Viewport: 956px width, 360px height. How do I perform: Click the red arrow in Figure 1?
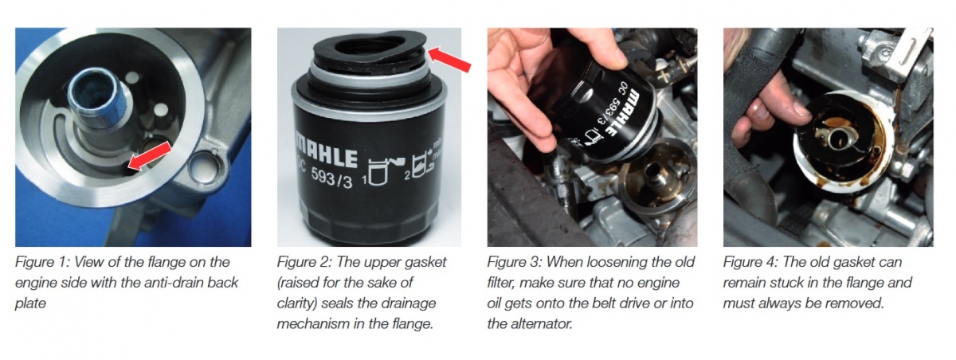[x=150, y=157]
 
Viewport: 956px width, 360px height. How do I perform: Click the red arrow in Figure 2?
[x=449, y=61]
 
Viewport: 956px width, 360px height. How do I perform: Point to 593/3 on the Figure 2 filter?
[x=332, y=177]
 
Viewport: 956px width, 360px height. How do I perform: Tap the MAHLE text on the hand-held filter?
[x=624, y=113]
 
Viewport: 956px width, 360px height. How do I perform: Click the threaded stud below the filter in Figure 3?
[x=654, y=174]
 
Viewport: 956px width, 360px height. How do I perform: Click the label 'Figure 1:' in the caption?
[x=41, y=262]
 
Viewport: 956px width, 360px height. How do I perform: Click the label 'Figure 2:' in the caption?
[x=304, y=262]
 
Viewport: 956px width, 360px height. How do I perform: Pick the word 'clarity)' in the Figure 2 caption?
[x=296, y=303]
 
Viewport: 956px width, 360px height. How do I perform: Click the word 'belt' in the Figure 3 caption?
[x=608, y=303]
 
